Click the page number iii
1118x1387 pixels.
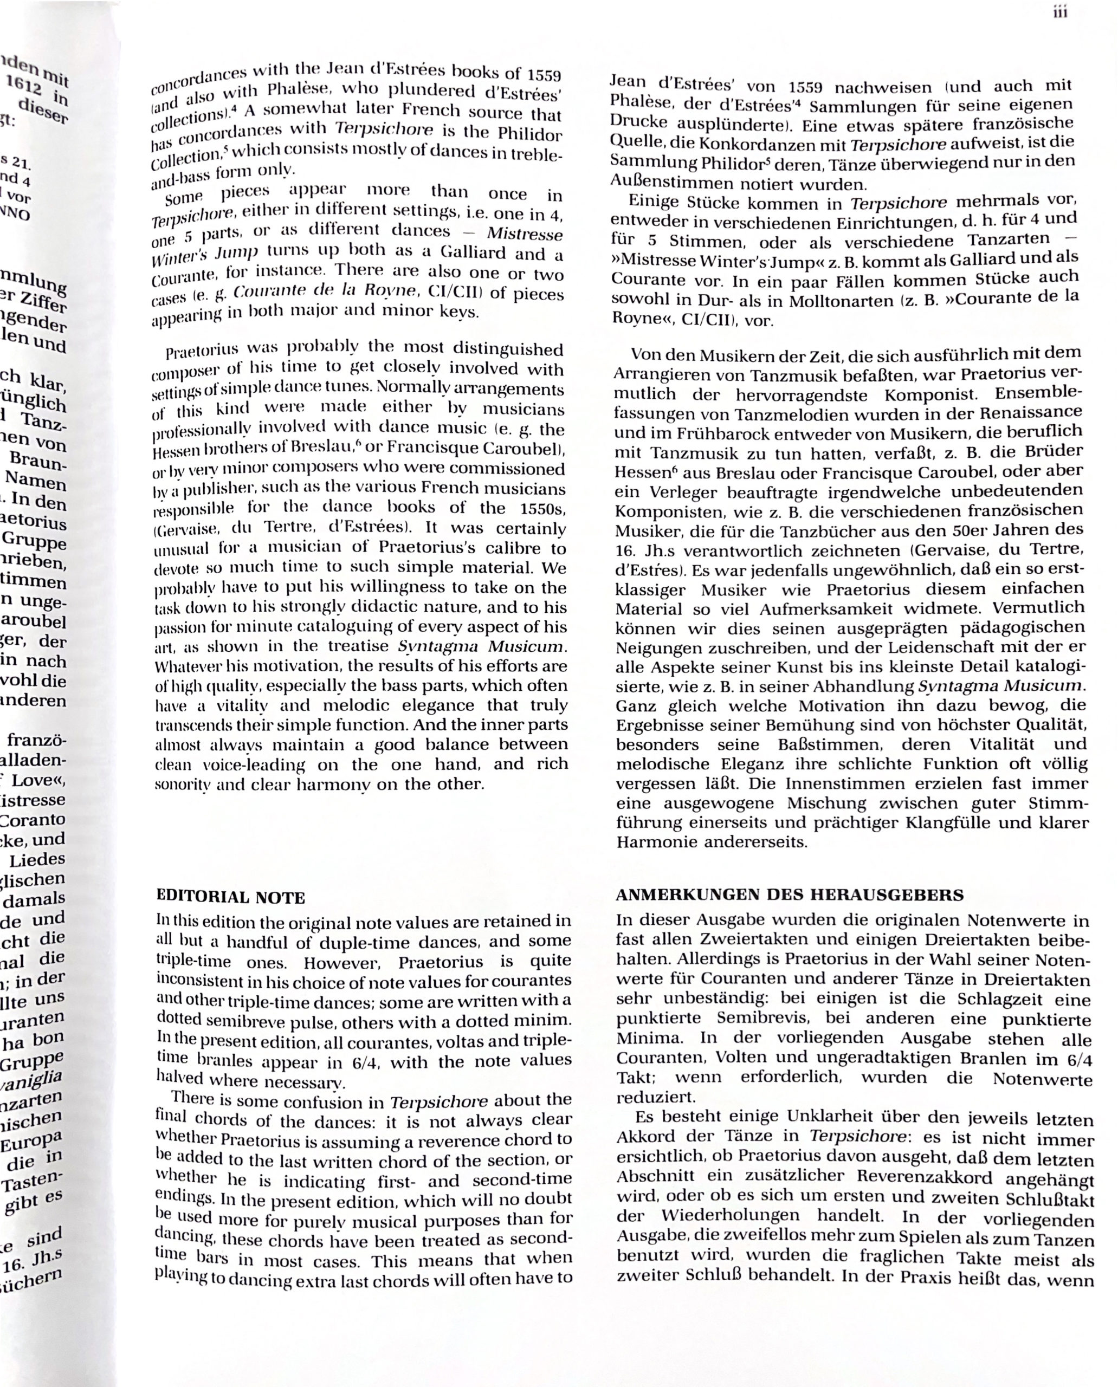[x=1060, y=12]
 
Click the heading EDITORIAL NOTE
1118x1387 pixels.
[x=230, y=897]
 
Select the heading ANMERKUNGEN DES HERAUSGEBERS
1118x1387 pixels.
[x=790, y=895]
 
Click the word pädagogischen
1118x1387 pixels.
[x=1007, y=627]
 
